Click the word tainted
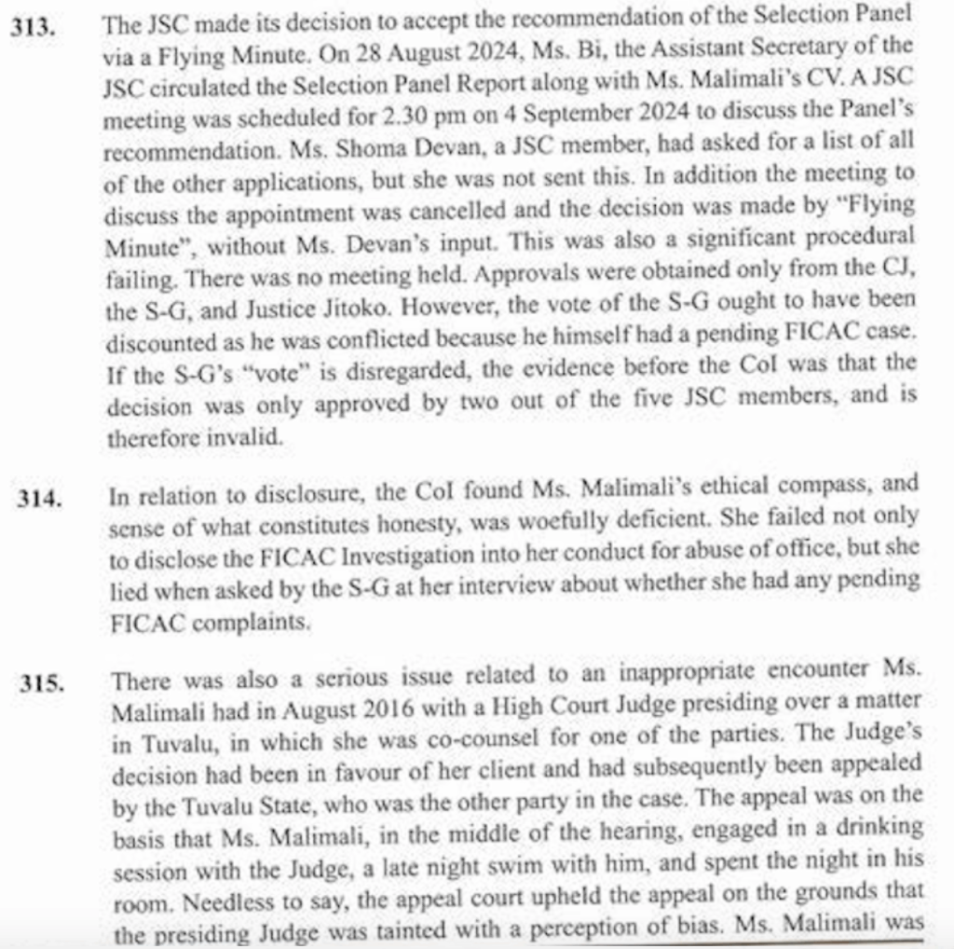pos(448,929)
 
